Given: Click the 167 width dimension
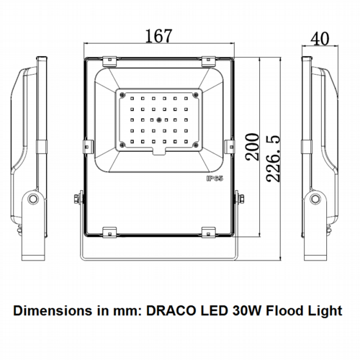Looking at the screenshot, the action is (158, 36).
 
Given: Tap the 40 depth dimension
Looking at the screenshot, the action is (320, 39).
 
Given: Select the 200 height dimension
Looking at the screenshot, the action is (252, 147).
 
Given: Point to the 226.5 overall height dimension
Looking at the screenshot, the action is (273, 158).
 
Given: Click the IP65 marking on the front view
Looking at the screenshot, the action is (215, 179).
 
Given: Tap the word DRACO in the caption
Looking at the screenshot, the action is (171, 310).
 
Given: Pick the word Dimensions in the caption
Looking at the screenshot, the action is (53, 310).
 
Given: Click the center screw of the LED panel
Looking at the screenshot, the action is (158, 120).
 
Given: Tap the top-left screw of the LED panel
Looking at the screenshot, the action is (122, 95).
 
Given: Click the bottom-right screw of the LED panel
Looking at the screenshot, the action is (196, 145).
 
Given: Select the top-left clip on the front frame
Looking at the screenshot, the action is (109, 61).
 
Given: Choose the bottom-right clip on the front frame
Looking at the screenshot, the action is (209, 232).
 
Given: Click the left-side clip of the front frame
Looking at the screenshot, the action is (88, 146).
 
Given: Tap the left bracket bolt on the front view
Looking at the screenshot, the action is (77, 199).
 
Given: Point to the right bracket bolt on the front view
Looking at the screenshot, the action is (241, 199).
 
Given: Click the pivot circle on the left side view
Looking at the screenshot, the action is (33, 199).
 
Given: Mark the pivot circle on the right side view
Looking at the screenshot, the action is (315, 199).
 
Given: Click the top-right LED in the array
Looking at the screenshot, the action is (186, 99).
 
